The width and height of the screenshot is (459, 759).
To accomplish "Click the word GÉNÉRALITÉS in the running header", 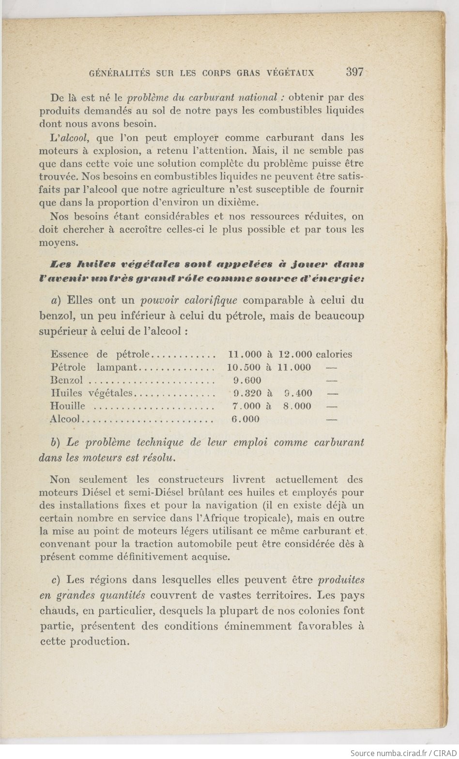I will point(118,73).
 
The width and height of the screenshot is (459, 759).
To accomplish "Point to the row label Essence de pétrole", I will point(101,354).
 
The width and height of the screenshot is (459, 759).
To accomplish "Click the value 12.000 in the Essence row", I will point(296,354).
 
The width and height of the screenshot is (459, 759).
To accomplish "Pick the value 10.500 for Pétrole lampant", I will point(244,367).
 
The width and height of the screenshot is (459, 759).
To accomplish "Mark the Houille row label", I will point(68,406).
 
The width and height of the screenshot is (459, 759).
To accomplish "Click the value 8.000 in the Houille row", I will point(297,406).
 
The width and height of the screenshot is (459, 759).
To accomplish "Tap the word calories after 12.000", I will point(334,354).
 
